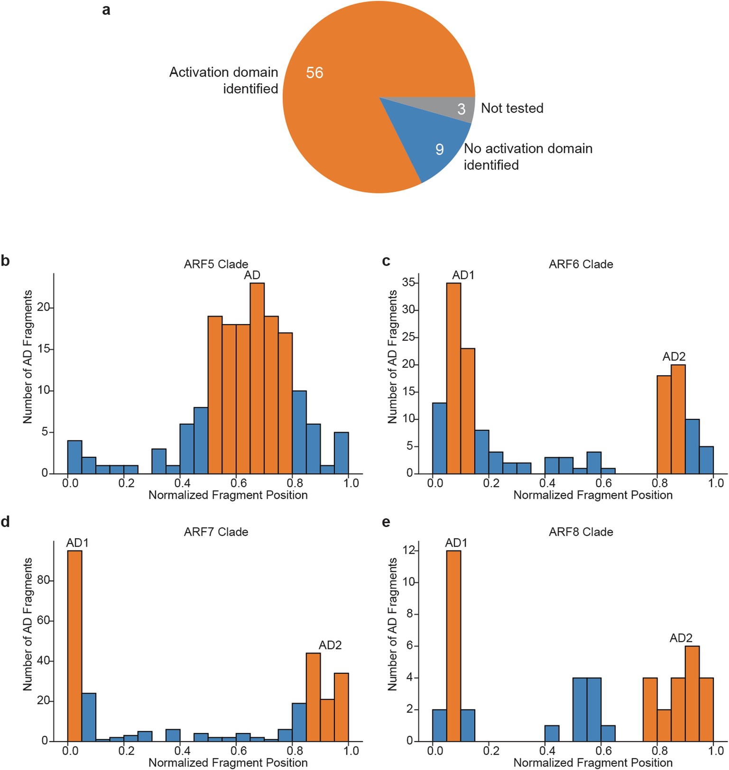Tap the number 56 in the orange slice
(314, 72)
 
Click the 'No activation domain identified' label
(528, 156)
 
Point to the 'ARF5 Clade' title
(216, 264)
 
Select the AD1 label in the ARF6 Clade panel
(463, 275)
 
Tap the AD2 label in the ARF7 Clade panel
(330, 645)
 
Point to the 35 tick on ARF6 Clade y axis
(408, 283)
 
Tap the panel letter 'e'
(386, 522)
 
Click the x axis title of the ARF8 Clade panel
(593, 762)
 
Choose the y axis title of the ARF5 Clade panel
(28, 356)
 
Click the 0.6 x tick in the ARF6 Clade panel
(603, 483)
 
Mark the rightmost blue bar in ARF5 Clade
(341, 453)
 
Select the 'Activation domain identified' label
(223, 80)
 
